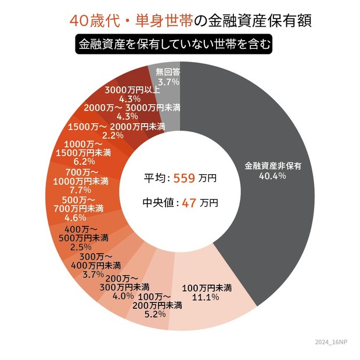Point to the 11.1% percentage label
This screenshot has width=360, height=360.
(207, 297)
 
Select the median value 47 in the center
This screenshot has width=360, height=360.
(187, 203)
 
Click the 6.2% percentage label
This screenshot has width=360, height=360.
(84, 161)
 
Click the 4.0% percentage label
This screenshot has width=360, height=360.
(123, 296)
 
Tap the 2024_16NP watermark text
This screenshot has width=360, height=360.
(335, 344)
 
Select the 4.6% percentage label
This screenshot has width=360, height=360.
(75, 217)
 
